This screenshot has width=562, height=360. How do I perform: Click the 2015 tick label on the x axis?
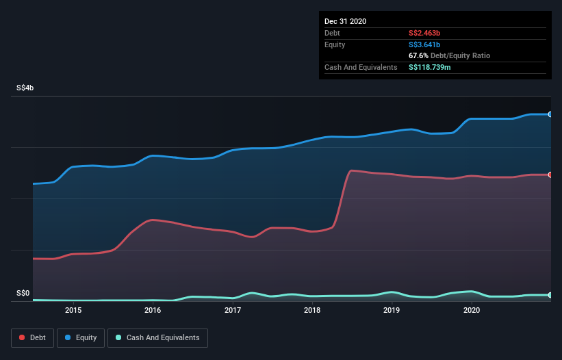73,310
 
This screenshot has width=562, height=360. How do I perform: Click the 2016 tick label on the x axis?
153,310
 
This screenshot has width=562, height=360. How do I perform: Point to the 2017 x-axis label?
233,310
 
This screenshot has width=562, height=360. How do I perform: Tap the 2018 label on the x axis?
312,310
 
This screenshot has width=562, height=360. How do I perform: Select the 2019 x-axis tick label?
392,310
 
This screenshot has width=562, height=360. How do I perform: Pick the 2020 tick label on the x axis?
472,310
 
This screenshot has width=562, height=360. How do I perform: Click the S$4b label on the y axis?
26,88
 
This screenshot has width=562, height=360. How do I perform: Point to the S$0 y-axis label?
23,294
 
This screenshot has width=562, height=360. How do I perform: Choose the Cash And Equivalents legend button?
158,337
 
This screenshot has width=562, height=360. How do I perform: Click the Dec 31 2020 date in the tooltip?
346,21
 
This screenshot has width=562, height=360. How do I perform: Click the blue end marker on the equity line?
550,114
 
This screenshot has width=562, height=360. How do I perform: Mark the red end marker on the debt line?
550,175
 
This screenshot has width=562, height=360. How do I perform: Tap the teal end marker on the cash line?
550,295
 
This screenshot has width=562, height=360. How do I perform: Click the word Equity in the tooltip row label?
336,44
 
